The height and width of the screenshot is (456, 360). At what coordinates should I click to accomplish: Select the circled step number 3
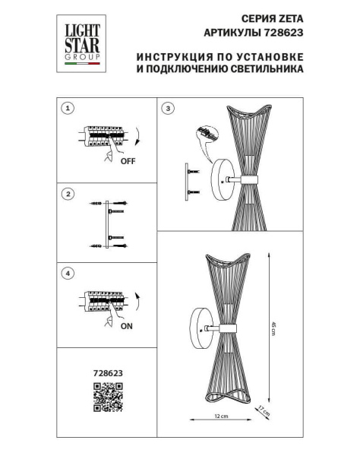168,109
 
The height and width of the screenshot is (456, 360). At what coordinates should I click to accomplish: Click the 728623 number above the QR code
108,373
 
